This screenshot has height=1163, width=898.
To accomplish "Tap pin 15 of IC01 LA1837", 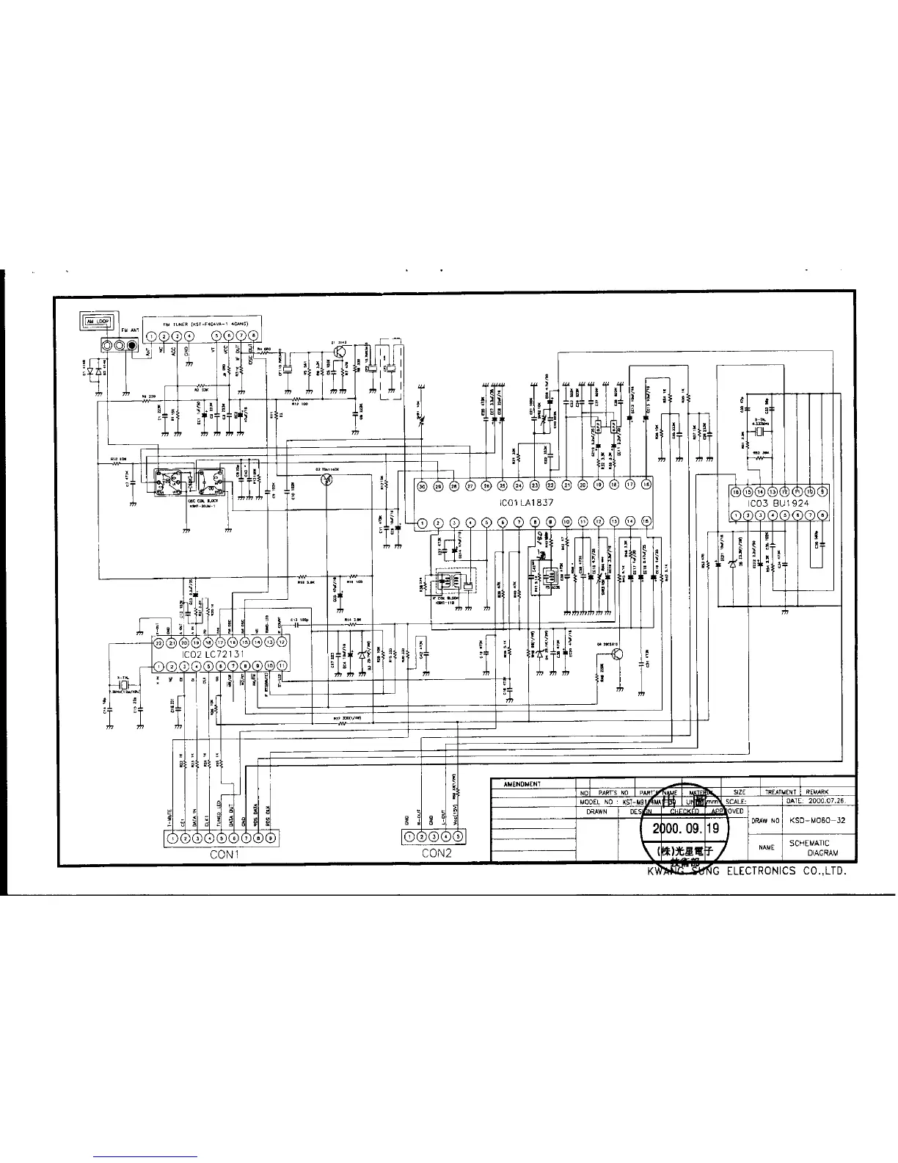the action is (646, 521).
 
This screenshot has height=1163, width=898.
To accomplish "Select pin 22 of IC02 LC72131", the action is (158, 641).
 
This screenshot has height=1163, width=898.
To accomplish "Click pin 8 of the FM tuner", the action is (254, 336).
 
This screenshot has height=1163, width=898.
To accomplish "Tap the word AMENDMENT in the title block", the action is (522, 784).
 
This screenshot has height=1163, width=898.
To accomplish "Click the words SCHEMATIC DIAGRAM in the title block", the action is (811, 848).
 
